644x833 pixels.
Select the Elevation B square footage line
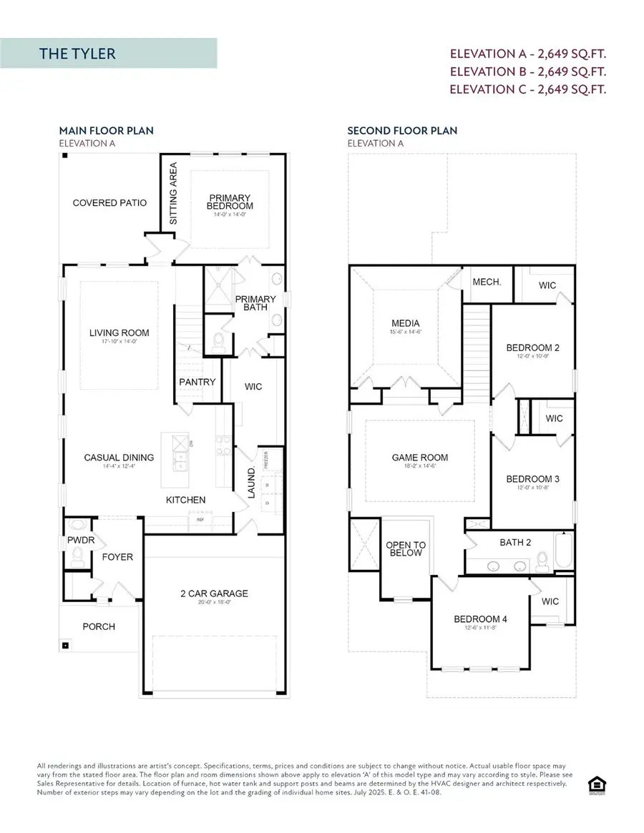(x=528, y=72)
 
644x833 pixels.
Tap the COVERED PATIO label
(x=109, y=203)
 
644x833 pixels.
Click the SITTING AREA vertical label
(x=173, y=194)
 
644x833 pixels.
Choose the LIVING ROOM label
(x=119, y=332)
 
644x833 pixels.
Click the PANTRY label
(x=197, y=383)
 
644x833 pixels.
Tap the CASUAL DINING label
(x=119, y=458)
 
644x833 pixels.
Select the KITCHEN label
(x=186, y=500)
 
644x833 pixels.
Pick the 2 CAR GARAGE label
(x=215, y=593)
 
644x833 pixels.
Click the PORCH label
(x=99, y=626)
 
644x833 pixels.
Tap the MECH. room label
(x=487, y=282)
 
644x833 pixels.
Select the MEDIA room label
(x=406, y=323)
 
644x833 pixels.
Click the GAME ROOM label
(x=420, y=458)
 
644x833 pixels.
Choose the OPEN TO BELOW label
(x=406, y=549)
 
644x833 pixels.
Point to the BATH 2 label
(x=515, y=543)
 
